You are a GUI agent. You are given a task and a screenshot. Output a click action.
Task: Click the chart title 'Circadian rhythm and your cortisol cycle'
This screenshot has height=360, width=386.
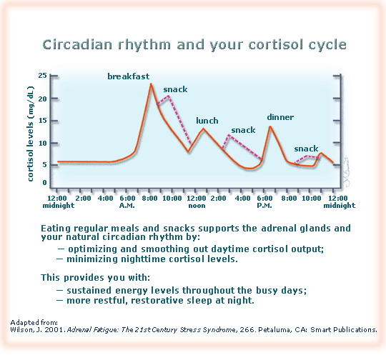[x=194, y=45]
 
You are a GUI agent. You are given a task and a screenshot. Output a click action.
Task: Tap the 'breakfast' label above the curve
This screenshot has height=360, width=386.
[x=129, y=76]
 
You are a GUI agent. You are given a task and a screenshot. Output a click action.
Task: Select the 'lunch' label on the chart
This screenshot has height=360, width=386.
[x=207, y=121]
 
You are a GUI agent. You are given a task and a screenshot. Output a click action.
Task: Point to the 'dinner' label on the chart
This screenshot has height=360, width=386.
[x=280, y=116]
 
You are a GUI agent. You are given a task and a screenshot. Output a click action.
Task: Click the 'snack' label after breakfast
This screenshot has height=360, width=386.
[x=175, y=89]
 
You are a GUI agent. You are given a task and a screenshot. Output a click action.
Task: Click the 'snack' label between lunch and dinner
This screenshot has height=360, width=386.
[x=243, y=130]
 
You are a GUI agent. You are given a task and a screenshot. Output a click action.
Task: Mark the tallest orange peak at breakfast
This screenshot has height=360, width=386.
[x=151, y=84]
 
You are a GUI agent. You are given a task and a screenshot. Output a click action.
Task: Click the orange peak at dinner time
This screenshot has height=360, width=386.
[x=270, y=126]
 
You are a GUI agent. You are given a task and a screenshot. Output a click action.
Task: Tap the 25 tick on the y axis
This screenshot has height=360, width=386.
[x=43, y=75]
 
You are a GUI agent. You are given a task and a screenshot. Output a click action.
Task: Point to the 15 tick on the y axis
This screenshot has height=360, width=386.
[x=43, y=120]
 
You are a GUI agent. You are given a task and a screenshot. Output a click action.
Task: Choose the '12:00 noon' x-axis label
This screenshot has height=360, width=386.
[x=196, y=201]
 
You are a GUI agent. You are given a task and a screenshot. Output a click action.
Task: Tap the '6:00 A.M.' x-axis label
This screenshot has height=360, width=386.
[x=127, y=201]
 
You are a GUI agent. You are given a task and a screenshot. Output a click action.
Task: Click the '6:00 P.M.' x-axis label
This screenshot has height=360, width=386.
[x=265, y=201]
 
